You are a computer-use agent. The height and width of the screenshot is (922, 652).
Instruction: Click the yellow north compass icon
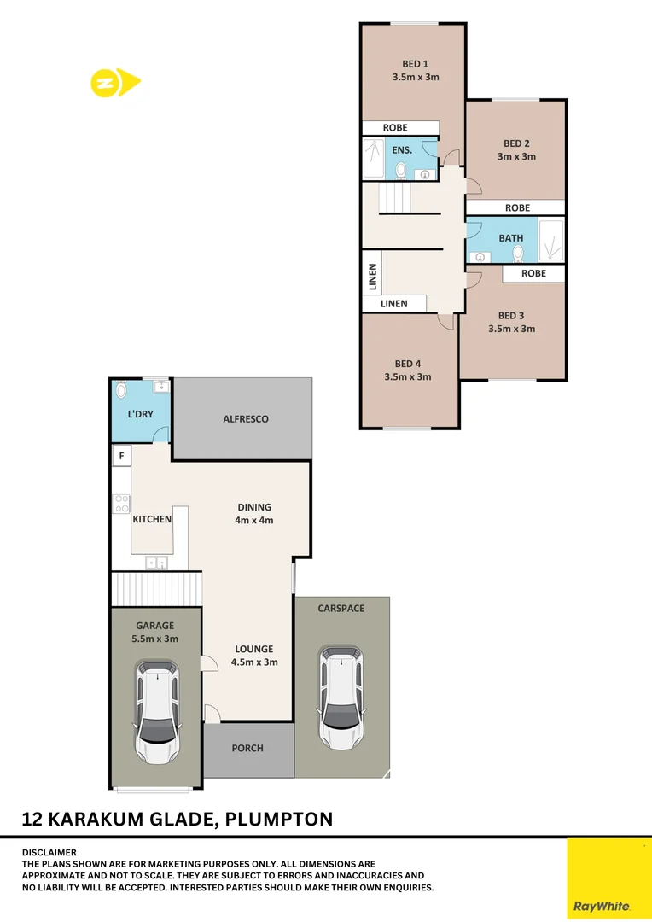coord(114,83)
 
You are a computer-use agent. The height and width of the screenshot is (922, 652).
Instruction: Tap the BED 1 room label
coord(415,63)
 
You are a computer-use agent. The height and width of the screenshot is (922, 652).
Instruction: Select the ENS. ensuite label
coord(402,149)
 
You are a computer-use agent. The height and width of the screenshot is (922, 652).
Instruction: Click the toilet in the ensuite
coord(401,169)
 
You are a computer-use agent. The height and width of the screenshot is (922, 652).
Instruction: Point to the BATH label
coord(511,238)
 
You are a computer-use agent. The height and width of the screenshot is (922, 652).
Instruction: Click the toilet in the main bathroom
coord(517,253)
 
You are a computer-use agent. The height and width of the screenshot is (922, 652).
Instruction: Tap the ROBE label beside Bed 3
coord(534,273)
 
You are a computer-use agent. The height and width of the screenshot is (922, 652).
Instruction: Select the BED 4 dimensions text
coord(408,376)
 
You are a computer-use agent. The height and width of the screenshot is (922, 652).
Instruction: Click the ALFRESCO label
coord(246,419)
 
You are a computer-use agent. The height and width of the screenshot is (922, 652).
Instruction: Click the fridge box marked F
coord(122,456)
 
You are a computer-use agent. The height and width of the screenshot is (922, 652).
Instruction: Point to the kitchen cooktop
coord(121,504)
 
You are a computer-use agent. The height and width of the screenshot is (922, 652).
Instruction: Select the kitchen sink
coord(156,563)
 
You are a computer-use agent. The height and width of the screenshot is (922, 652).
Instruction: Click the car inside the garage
coord(158,711)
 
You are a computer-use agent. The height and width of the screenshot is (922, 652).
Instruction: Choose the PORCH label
coord(247,748)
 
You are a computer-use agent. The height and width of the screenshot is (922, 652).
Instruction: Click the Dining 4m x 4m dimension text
coord(254,520)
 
